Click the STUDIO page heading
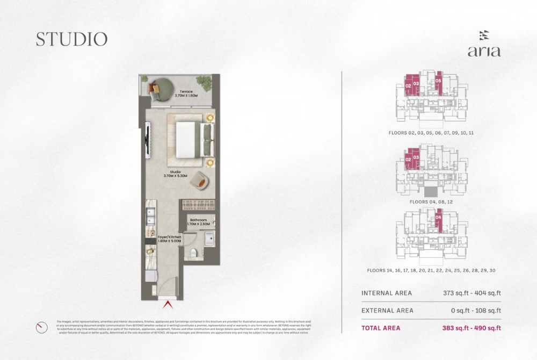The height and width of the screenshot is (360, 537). point(72,39)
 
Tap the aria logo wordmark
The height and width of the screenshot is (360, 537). point(484,52)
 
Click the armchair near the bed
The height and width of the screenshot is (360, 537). point(200,180)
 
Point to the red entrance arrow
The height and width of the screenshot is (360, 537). point(168,305)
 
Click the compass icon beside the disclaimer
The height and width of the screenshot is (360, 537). point(41,327)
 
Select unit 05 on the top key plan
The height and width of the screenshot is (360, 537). point(439,81)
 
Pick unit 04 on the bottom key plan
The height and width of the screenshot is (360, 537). point(438,218)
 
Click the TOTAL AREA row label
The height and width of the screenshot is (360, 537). point(381,328)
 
